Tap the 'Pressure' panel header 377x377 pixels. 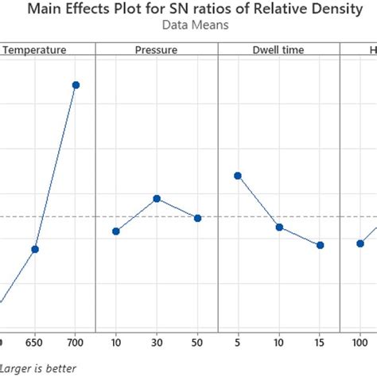tap(157, 49)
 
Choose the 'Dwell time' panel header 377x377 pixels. tap(278, 49)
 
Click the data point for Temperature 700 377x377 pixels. tap(76, 85)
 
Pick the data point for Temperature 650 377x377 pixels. tap(35, 249)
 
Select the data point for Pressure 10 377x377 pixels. tap(116, 231)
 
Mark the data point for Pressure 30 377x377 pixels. tap(157, 198)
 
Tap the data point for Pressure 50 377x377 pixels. tap(198, 218)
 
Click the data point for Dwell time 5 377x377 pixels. tap(238, 176)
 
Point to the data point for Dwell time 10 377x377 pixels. tap(279, 227)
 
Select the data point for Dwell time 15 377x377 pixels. tap(320, 245)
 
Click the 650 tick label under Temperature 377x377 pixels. tap(35, 343)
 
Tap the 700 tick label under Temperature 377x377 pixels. tap(76, 343)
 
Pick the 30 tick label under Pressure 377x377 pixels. tap(157, 343)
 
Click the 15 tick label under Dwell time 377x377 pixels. tap(320, 343)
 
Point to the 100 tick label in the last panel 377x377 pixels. tap(360, 343)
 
